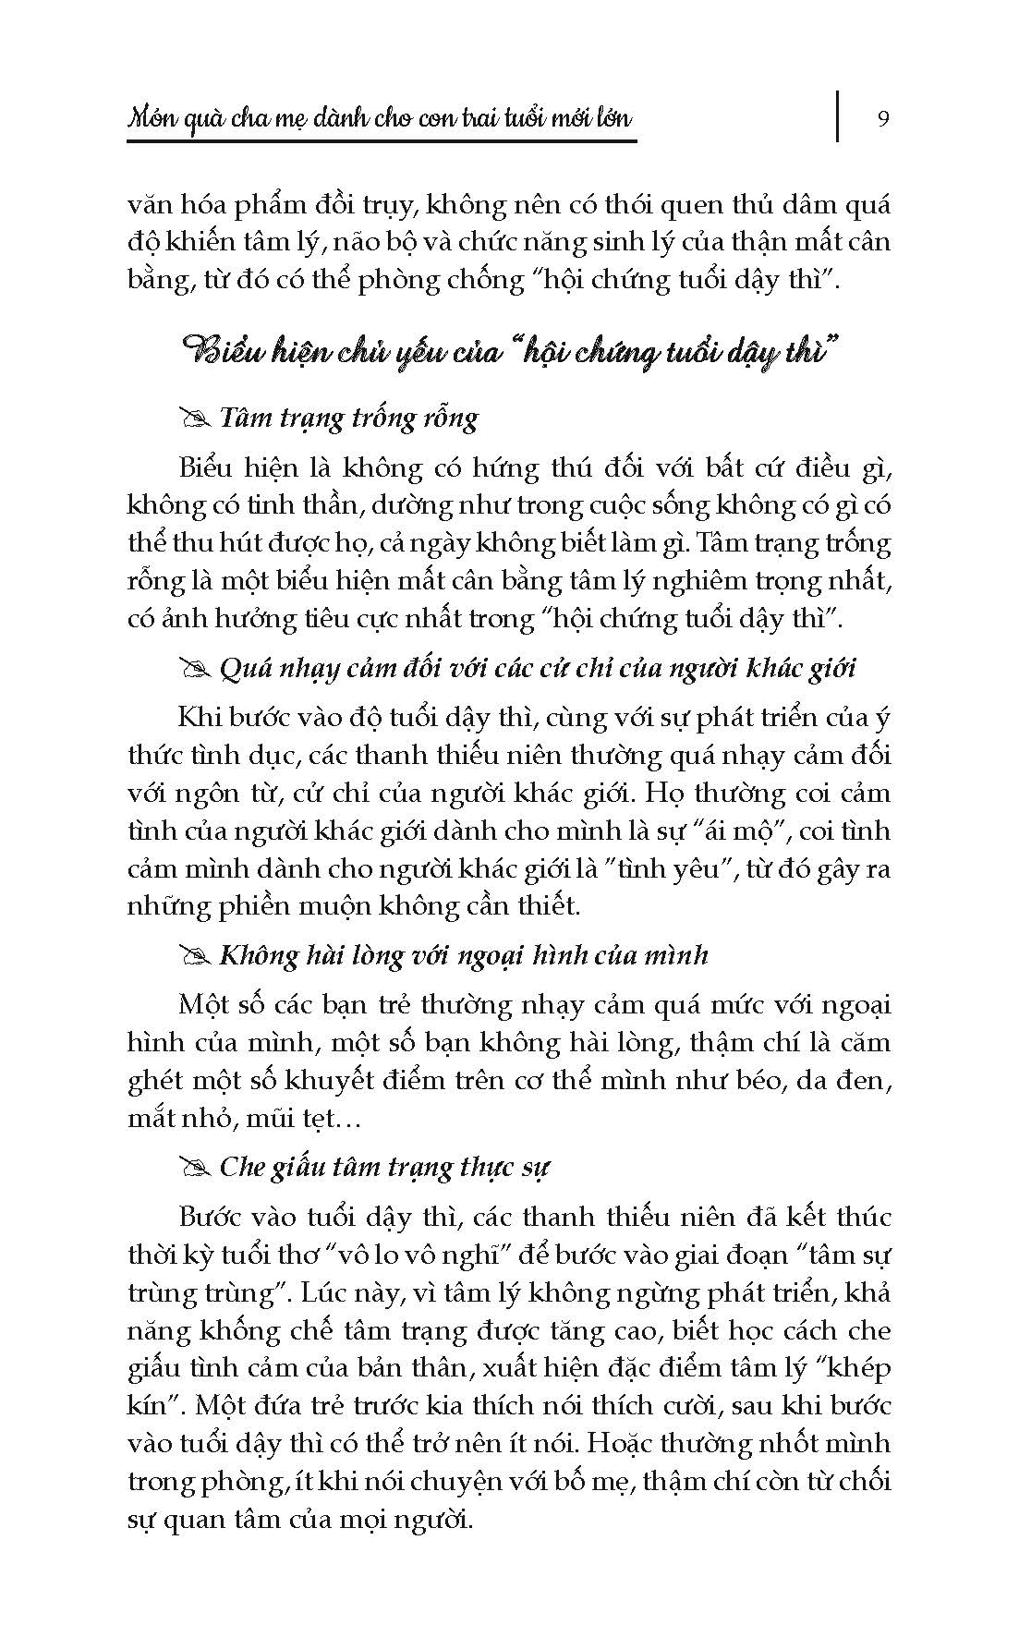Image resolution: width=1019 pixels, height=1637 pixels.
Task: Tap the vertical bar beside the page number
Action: tap(838, 115)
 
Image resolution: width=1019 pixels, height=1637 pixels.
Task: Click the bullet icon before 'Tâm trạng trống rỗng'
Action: tap(197, 420)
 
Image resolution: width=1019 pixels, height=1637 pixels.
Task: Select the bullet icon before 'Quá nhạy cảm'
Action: tap(197, 669)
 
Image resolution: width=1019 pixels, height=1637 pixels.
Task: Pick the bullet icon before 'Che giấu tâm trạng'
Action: tap(197, 1169)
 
